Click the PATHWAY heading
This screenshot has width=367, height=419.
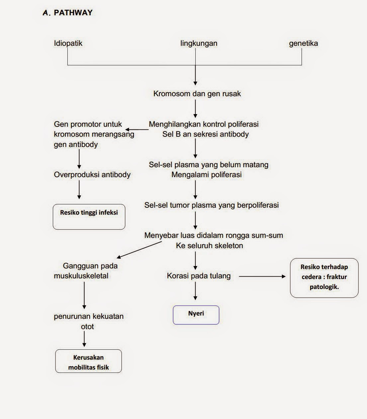point(73,13)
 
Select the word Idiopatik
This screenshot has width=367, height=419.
point(68,43)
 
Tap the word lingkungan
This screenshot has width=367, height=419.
point(199,43)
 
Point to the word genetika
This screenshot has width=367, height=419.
point(303,43)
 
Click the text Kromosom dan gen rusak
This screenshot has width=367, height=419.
point(197,94)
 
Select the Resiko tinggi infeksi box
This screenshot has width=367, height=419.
point(89,217)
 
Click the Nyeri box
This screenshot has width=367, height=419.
point(196,314)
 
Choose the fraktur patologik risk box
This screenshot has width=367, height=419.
point(324,278)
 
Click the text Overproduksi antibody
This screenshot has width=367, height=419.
point(92,175)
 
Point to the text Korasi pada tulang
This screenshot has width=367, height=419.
point(199,276)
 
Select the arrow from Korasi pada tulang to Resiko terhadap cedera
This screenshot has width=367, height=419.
point(262,276)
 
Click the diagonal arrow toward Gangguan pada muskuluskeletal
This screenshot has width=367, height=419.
point(139,249)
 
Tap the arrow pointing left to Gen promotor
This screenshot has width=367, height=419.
point(137,129)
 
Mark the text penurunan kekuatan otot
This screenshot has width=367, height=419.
point(88,321)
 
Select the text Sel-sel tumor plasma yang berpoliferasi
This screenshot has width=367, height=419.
point(211,205)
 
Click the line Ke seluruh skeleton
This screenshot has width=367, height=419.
point(209,245)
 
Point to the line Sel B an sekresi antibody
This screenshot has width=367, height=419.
point(205,134)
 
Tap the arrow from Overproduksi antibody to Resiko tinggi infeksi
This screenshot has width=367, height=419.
point(79,190)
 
